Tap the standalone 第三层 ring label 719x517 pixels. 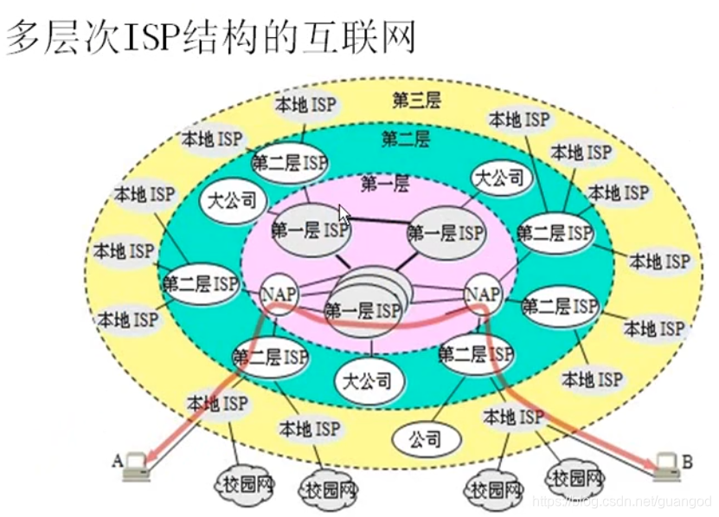[x=416, y=100]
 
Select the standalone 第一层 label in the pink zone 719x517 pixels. [x=385, y=183]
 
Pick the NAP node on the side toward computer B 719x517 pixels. [x=483, y=294]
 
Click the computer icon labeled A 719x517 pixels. [x=135, y=466]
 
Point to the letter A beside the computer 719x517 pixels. [x=117, y=460]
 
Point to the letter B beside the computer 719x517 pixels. [x=687, y=462]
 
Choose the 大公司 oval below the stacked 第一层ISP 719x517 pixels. [x=367, y=380]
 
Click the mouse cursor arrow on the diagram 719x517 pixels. [x=344, y=214]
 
